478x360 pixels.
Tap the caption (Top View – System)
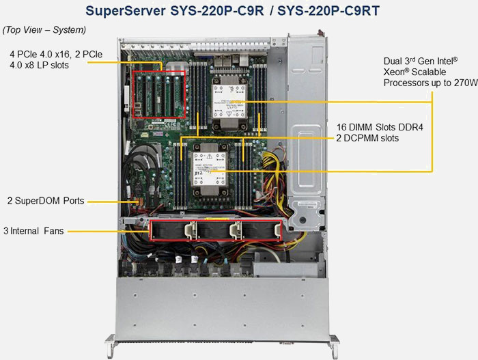point(44,30)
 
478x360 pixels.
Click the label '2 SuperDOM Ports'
point(45,201)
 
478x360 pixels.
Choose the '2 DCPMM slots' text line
point(368,138)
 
